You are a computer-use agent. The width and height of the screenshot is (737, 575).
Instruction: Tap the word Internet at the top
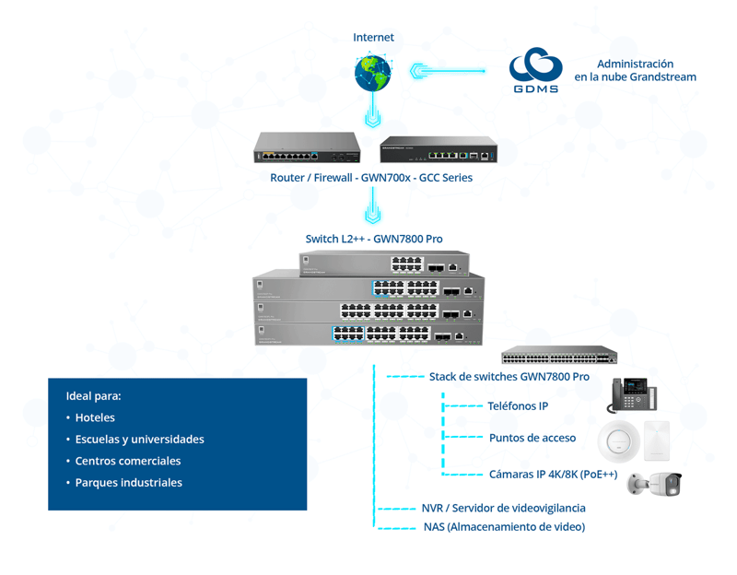pos(373,38)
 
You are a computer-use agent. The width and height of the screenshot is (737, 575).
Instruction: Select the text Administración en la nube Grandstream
pos(635,71)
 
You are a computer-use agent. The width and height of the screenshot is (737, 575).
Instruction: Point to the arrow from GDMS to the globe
pos(447,70)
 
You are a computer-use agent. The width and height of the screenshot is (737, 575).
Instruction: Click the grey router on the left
pos(312,147)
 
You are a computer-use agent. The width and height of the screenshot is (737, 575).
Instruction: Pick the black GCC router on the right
pos(439,149)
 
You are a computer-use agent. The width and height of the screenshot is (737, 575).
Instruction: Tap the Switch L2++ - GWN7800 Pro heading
pos(374,239)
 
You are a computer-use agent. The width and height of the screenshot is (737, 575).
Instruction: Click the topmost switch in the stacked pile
pos(384,264)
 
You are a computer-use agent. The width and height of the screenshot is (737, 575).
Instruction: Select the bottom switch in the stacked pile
pos(368,334)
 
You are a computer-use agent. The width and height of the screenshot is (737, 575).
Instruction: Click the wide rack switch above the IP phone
pos(559,356)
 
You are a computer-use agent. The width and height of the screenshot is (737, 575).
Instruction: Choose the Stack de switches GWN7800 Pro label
pos(509,377)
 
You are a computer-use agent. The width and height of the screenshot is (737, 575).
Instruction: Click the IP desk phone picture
pos(632,394)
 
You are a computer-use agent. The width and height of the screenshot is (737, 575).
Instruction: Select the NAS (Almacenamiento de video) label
pos(504,527)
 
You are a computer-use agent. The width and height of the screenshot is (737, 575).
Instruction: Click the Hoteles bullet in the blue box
pos(95,417)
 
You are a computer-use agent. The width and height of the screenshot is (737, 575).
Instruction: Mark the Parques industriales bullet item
pos(128,483)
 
